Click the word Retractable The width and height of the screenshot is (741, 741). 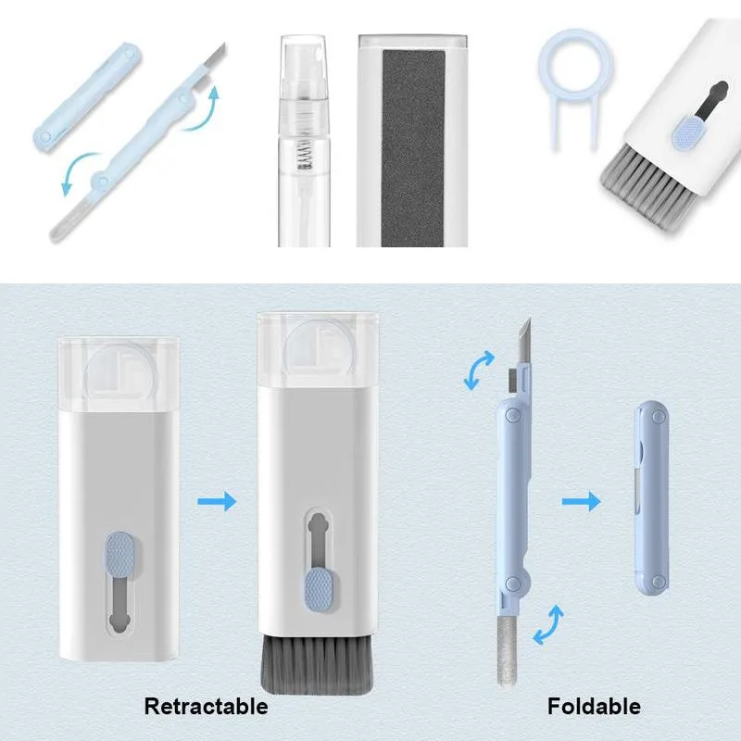206,707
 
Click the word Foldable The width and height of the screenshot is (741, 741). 594,707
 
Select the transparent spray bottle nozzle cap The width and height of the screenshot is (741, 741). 304,66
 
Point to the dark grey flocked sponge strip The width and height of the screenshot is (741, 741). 413,147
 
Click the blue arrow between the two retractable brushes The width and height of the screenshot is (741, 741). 217,501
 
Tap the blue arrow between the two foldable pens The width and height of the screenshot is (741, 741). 582,501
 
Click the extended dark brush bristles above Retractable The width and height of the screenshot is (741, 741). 317,664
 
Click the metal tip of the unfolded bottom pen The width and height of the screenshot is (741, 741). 524,340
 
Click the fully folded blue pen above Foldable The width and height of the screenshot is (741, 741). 651,497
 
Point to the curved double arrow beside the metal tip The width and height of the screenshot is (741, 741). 479,371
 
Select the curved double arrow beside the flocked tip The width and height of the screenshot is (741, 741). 548,624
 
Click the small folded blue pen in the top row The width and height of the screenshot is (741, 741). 87,97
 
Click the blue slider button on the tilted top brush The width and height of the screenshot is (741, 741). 689,133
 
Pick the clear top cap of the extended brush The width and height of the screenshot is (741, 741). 318,349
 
